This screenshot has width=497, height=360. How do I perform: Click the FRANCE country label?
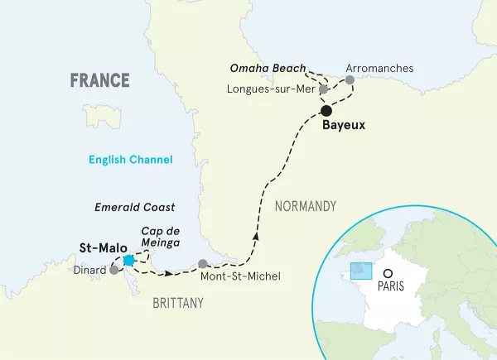pyautogui.click(x=99, y=80)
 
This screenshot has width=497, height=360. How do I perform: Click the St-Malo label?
pyautogui.click(x=97, y=247)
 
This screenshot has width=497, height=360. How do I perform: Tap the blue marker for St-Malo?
pyautogui.click(x=128, y=261)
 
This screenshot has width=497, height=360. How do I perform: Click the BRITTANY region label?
pyautogui.click(x=177, y=304)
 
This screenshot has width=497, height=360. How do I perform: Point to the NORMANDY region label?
pyautogui.click(x=306, y=206)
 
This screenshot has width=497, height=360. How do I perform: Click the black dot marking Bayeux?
pyautogui.click(x=326, y=110)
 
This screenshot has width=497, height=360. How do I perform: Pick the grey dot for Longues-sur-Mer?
pyautogui.click(x=324, y=89)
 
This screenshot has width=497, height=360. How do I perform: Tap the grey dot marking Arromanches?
pyautogui.click(x=350, y=80)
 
